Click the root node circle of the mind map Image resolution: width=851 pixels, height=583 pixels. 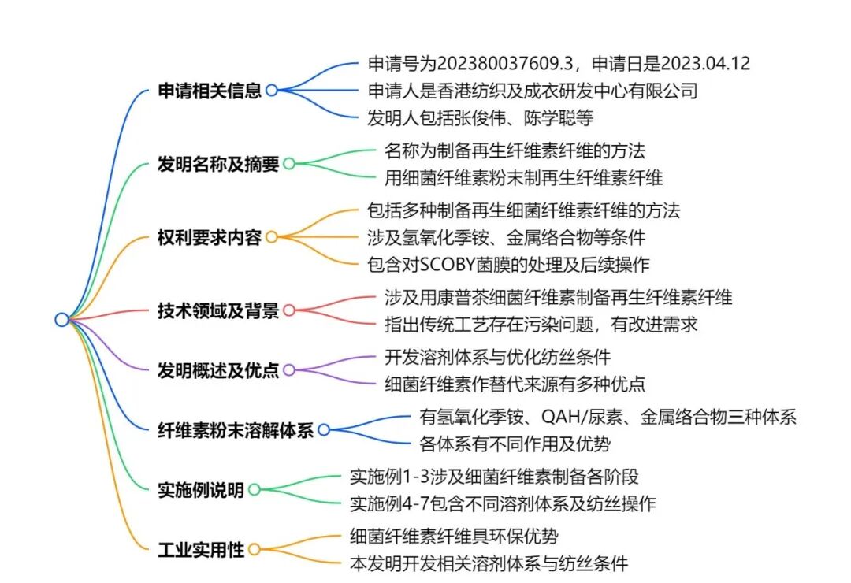[x=61, y=319]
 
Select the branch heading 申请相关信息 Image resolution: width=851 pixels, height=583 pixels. [x=210, y=91]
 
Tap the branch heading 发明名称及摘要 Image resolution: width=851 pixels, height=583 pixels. [x=218, y=164]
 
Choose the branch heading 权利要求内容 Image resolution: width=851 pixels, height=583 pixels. [x=210, y=237]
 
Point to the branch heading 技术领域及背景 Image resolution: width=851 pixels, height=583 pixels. [x=218, y=310]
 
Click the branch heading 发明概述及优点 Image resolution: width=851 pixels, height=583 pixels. [x=218, y=369]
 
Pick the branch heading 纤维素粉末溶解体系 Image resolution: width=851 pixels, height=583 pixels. [x=236, y=430]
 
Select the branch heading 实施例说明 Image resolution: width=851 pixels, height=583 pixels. [x=201, y=489]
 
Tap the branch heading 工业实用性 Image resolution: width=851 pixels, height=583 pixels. [x=201, y=549]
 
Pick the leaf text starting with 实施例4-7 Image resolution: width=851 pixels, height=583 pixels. [x=502, y=503]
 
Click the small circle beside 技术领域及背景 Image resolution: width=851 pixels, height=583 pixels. [x=289, y=310]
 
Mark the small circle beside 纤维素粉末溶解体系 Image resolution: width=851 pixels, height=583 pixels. [x=324, y=430]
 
